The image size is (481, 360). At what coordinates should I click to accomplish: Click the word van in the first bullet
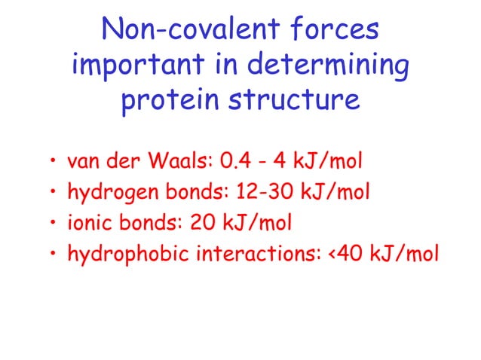tap(83, 161)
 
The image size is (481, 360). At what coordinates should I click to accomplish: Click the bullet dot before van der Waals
tap(54, 163)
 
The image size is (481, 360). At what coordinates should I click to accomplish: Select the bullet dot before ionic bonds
tap(54, 224)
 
